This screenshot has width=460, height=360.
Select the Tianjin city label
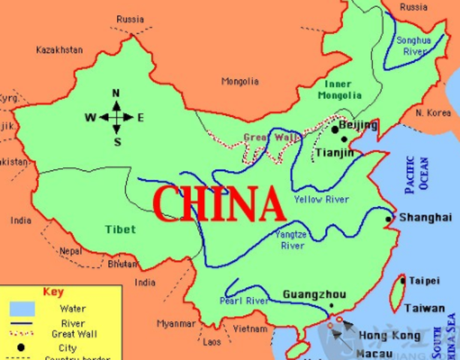tap(333, 152)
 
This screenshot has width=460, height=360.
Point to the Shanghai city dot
tap(388, 219)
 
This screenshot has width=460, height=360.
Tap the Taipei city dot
tap(403, 280)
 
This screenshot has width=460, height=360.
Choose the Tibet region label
tap(120, 229)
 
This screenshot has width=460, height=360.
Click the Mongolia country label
tap(240, 81)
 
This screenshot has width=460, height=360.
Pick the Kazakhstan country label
tap(59, 49)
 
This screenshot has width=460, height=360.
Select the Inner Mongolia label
tap(339, 89)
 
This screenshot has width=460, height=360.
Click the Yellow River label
tap(321, 199)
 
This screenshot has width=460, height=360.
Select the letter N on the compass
tap(116, 93)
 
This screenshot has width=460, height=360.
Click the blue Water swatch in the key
tap(23, 308)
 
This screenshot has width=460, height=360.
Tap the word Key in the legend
tap(53, 292)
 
